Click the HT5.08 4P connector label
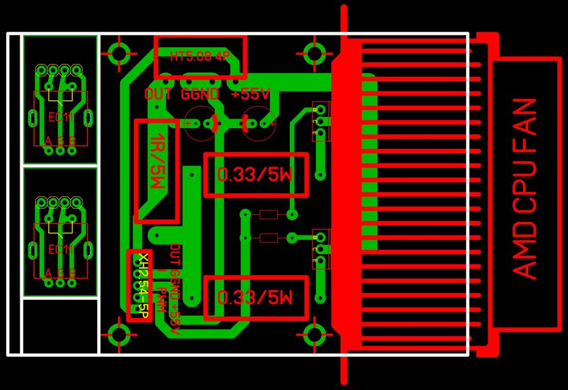200,56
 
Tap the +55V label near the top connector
251,95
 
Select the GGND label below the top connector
200,95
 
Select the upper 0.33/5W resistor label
255,175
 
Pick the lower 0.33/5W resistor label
255,297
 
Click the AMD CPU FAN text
526,188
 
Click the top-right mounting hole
314,52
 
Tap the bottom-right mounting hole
314,333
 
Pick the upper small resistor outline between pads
269,215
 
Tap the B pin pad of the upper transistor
322,111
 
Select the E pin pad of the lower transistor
322,260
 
